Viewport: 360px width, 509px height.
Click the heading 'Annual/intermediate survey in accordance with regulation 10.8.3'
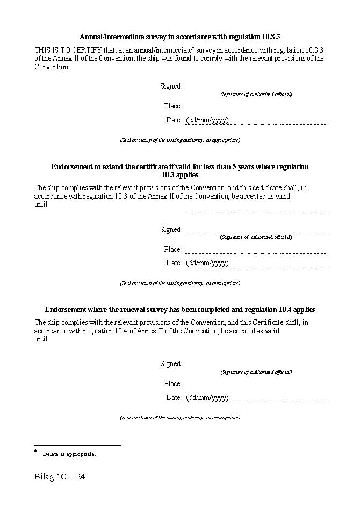click(x=180, y=37)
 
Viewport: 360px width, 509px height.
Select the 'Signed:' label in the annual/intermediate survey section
click(x=171, y=86)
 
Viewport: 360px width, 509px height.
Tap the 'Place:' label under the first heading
click(x=172, y=106)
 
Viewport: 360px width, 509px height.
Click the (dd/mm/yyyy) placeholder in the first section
click(x=207, y=120)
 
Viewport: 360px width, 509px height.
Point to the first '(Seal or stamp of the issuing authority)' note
click(x=180, y=140)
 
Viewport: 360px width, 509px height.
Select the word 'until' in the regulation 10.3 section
click(x=41, y=204)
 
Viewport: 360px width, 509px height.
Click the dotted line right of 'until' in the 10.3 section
click(x=256, y=213)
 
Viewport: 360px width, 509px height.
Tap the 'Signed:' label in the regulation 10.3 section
click(x=171, y=229)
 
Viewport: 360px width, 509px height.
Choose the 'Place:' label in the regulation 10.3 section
click(x=172, y=249)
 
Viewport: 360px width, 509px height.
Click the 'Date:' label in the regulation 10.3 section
click(x=174, y=263)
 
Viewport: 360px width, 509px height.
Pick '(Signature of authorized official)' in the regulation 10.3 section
click(x=256, y=237)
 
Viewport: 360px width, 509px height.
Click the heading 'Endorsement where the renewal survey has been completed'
click(x=180, y=309)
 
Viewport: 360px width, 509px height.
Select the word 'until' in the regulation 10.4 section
click(x=41, y=339)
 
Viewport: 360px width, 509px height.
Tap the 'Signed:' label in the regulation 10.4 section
click(x=171, y=363)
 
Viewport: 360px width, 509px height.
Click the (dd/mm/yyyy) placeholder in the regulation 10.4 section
click(x=207, y=397)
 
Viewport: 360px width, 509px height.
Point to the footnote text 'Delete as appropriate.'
click(x=69, y=454)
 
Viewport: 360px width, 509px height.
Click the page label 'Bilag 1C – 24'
click(x=60, y=477)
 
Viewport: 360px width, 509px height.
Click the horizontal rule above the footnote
click(x=77, y=445)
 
